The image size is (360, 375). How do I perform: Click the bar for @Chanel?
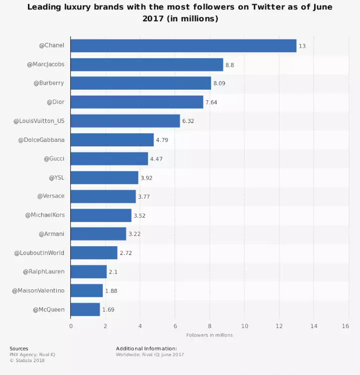tap(183, 46)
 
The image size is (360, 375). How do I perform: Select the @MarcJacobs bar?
tap(147, 65)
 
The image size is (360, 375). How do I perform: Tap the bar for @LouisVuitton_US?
tap(125, 121)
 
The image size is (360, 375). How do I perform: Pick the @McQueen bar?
tap(85, 310)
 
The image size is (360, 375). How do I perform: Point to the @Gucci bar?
tap(109, 159)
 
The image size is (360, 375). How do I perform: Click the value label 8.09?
tap(219, 83)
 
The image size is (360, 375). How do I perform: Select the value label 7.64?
tap(211, 102)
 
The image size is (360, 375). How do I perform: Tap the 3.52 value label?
tap(140, 216)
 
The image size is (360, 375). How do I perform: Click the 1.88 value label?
tap(111, 291)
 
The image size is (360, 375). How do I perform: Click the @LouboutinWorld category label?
tap(39, 253)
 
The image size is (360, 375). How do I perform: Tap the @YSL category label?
tap(56, 178)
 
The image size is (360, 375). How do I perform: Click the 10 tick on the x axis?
tap(244, 326)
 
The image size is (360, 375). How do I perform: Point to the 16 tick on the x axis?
tap(346, 326)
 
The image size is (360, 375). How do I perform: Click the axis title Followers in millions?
tap(209, 335)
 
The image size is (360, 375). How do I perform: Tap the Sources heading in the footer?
tap(19, 349)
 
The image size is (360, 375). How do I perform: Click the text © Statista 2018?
tap(27, 360)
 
